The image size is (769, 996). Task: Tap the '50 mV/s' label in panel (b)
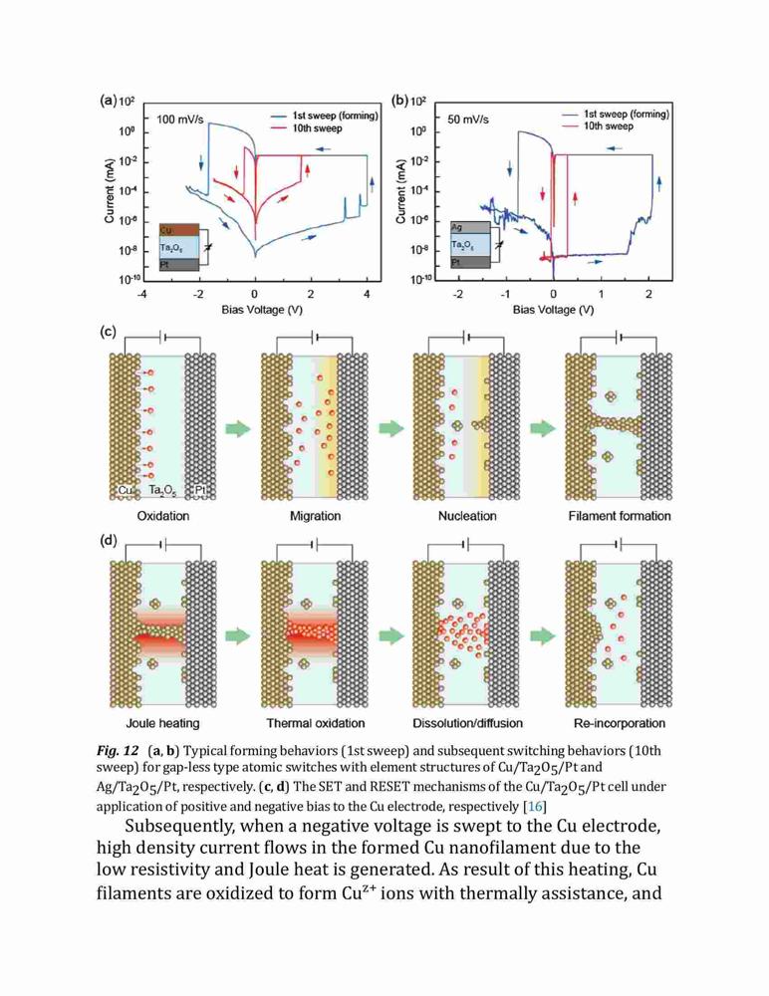[x=468, y=120]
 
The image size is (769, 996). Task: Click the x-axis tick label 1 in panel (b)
[x=602, y=294]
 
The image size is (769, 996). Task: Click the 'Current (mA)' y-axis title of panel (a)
[x=109, y=190]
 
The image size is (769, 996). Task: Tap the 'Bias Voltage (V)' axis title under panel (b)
[x=554, y=310]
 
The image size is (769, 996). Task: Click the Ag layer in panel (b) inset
[x=470, y=227]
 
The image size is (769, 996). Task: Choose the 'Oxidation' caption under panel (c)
[x=163, y=516]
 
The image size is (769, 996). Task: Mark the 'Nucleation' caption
[x=467, y=516]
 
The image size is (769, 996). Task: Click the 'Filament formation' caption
[x=620, y=516]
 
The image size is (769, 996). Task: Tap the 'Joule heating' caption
[x=162, y=723]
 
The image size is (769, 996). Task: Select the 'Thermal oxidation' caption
[x=316, y=723]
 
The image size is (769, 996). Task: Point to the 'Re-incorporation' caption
[x=620, y=723]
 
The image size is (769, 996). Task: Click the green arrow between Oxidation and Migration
[x=238, y=428]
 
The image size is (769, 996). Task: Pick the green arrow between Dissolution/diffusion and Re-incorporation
[x=543, y=635]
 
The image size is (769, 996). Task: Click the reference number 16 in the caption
[x=535, y=807]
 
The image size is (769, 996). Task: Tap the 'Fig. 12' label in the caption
[x=118, y=751]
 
